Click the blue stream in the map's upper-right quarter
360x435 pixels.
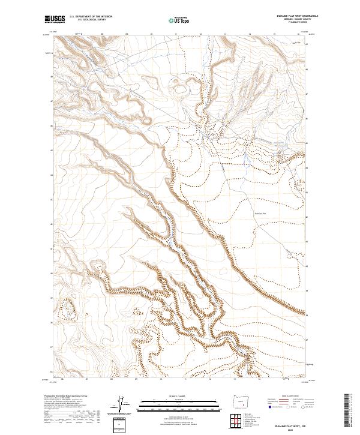pos(246,159)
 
